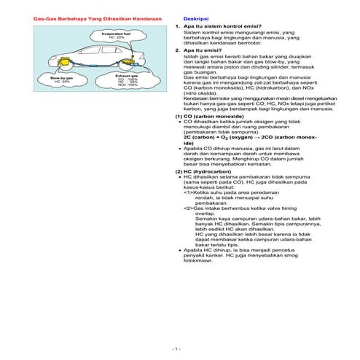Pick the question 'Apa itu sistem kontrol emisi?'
[x=216, y=26]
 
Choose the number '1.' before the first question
[x=178, y=26]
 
